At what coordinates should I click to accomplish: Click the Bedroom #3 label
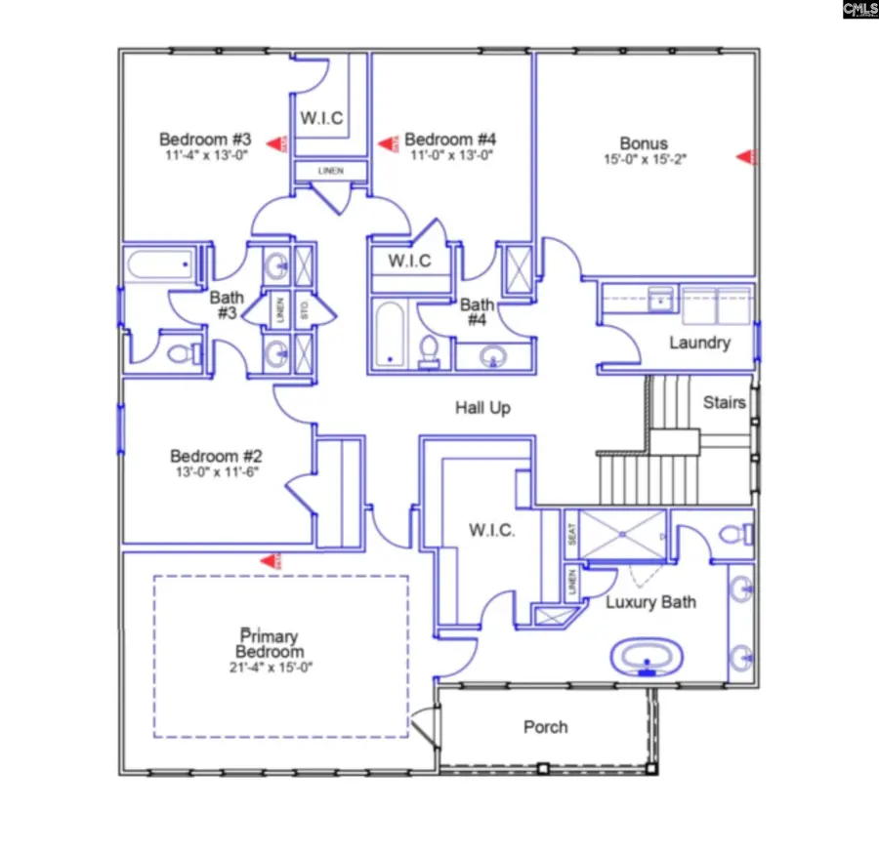pyautogui.click(x=205, y=138)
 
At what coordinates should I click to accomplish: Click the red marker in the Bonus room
pyautogui.click(x=747, y=156)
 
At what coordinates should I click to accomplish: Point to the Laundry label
pyautogui.click(x=699, y=343)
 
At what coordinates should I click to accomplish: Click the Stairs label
pyautogui.click(x=725, y=402)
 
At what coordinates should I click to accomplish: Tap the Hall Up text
pyautogui.click(x=482, y=408)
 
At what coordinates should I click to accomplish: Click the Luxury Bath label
pyautogui.click(x=650, y=602)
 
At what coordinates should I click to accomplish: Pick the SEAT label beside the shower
pyautogui.click(x=571, y=535)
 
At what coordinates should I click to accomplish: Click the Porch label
pyautogui.click(x=545, y=727)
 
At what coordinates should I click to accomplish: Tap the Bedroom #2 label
pyautogui.click(x=216, y=456)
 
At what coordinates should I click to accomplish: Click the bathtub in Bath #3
pyautogui.click(x=160, y=264)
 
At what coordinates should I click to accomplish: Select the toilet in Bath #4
pyautogui.click(x=429, y=350)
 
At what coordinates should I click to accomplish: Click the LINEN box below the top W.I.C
pyautogui.click(x=332, y=172)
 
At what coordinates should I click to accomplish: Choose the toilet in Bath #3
pyautogui.click(x=180, y=352)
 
